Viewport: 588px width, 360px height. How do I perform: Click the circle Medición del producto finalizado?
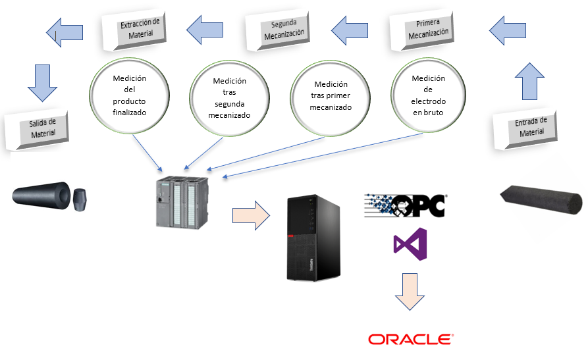pyautogui.click(x=130, y=95)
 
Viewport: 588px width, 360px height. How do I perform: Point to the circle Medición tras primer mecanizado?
pyautogui.click(x=331, y=95)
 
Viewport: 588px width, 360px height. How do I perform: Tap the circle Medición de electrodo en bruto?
pyautogui.click(x=428, y=95)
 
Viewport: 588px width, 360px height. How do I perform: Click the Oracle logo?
pyautogui.click(x=410, y=340)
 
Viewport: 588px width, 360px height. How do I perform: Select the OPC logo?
pyautogui.click(x=406, y=205)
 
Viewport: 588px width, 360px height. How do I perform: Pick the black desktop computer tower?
pyautogui.click(x=313, y=238)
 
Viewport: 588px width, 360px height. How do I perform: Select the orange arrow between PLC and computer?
pyautogui.click(x=250, y=215)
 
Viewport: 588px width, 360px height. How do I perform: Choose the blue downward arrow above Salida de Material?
pyautogui.click(x=41, y=82)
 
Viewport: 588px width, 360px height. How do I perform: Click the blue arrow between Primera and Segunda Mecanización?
pyautogui.click(x=350, y=28)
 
